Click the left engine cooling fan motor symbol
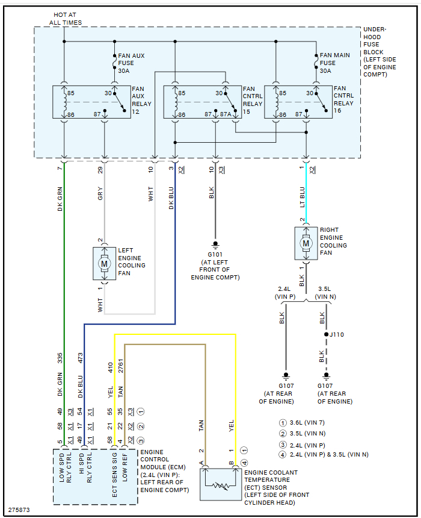click(105, 263)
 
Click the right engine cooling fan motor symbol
click(306, 243)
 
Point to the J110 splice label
click(337, 334)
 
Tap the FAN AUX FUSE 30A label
click(131, 63)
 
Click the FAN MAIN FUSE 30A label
click(334, 63)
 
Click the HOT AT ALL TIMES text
click(65, 19)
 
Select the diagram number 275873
click(19, 510)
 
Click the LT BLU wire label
click(303, 198)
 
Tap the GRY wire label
click(100, 194)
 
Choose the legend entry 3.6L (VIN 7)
click(307, 423)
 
